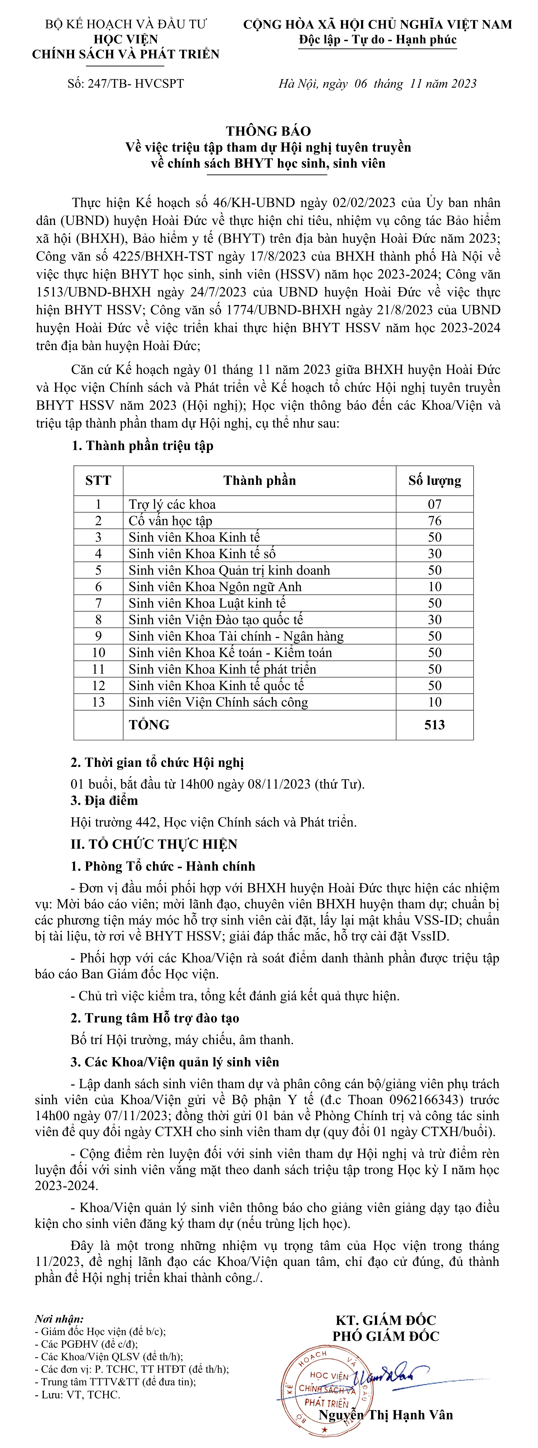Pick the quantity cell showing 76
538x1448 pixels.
(x=435, y=520)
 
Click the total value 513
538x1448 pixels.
(x=435, y=725)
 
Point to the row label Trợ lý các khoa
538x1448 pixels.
(x=172, y=504)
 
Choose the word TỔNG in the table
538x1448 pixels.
(x=149, y=725)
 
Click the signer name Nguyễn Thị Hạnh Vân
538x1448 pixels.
(x=386, y=1415)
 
